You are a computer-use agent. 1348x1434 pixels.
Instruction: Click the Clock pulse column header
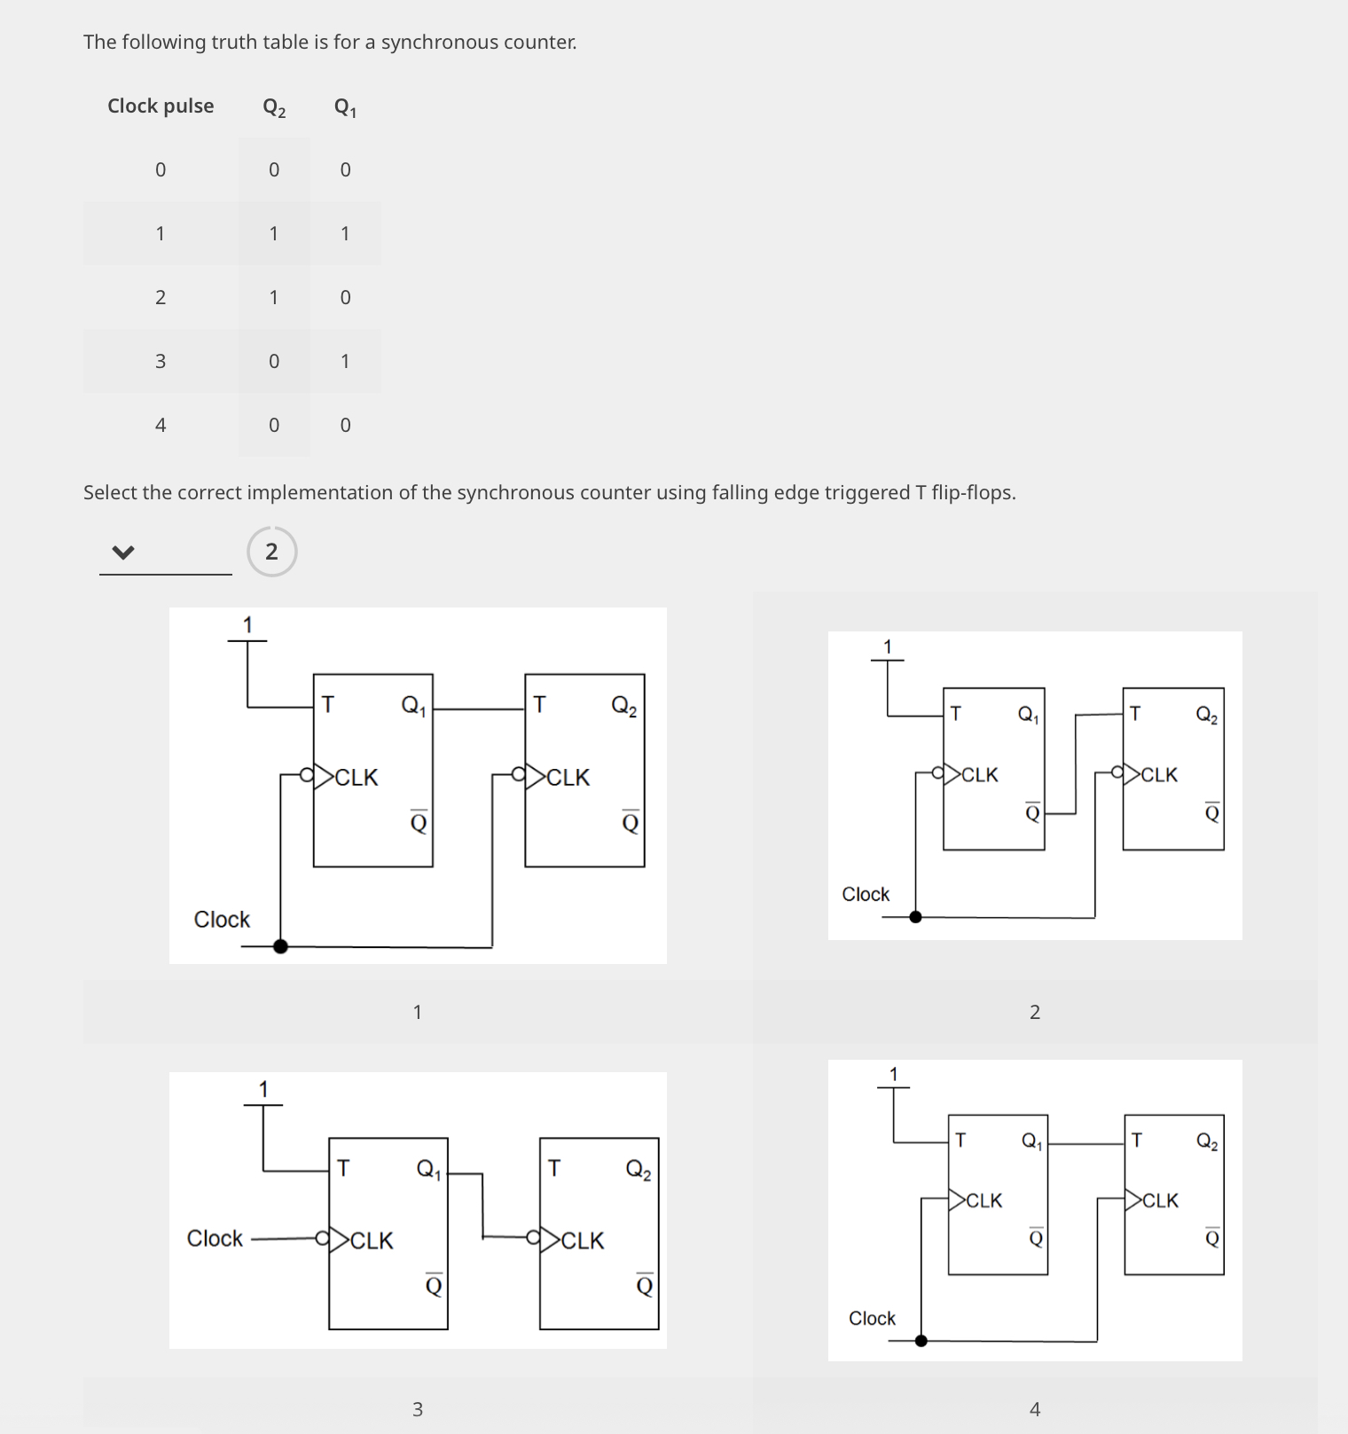coord(161,106)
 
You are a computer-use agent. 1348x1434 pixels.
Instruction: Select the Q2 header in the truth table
coord(274,107)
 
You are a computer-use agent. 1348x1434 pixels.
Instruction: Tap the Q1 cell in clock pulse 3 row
coord(345,361)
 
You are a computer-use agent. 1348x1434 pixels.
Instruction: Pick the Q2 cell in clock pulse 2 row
coord(274,297)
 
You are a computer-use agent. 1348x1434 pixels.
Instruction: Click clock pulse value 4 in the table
coord(161,425)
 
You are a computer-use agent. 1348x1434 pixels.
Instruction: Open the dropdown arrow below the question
coord(123,552)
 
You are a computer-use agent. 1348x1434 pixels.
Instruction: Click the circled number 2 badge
coord(271,552)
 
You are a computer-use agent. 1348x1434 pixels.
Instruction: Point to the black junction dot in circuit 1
coord(280,946)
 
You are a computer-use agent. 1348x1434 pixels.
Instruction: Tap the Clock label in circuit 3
coord(215,1238)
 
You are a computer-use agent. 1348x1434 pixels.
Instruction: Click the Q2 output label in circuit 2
coord(1206,715)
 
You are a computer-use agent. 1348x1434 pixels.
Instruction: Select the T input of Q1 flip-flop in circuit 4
coord(960,1140)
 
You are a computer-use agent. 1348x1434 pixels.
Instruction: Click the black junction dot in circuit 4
coord(921,1340)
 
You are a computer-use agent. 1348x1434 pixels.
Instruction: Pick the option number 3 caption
coord(418,1408)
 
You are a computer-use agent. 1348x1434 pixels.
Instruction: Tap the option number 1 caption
coord(418,1012)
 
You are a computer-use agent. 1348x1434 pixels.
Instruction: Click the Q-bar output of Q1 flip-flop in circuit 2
coord(1032,812)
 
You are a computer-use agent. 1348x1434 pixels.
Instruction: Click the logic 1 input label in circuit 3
coord(263,1088)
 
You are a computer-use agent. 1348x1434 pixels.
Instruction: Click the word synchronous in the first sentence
coord(431,43)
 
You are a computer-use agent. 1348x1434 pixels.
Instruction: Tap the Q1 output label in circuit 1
coord(414,706)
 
